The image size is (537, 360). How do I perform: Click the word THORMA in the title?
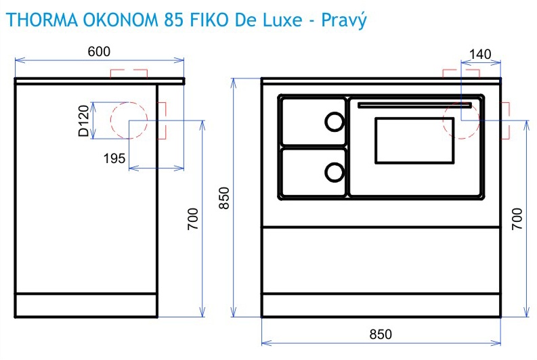[43, 20]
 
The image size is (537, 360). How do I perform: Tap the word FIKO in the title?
[209, 20]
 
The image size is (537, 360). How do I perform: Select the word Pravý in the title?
[344, 20]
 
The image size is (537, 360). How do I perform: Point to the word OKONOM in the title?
[121, 20]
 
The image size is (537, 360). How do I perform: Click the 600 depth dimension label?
[99, 51]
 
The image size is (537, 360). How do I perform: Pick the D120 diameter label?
[83, 121]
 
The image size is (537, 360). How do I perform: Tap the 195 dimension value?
[114, 158]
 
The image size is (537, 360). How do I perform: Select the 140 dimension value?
[480, 54]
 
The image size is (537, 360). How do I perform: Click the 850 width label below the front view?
[381, 334]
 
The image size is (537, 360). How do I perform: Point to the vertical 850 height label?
[224, 198]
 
